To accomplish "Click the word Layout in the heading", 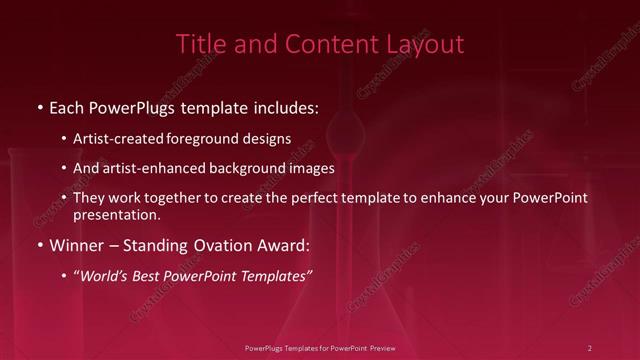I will (429, 44).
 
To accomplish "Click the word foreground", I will (206, 139).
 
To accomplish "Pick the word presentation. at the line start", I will (117, 214).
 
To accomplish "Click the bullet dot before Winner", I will (38, 244).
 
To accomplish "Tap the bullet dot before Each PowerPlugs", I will (38, 105).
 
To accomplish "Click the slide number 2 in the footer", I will (590, 347).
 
